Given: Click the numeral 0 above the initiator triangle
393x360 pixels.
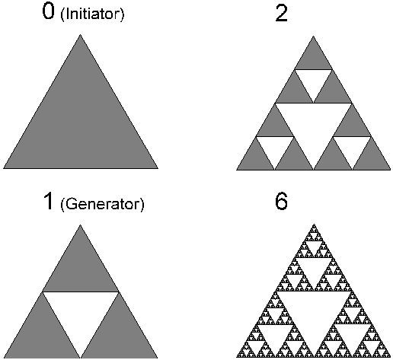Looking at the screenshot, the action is (48, 12).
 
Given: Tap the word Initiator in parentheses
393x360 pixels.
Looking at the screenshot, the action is (92, 14).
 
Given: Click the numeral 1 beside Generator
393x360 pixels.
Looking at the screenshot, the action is (49, 201).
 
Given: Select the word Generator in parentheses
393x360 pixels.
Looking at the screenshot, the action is (102, 204).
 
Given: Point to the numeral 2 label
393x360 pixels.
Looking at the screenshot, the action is (281, 13).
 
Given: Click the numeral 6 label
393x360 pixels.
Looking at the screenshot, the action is (281, 202).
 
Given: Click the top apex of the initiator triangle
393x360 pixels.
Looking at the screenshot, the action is (81, 35).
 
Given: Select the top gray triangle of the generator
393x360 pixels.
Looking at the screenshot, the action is (81, 269).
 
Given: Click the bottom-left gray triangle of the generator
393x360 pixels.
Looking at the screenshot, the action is (42, 335).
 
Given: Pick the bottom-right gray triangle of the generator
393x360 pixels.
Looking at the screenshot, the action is (119, 335).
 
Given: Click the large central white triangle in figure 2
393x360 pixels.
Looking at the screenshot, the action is (314, 125).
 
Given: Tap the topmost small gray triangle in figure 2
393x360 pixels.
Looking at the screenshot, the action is (313, 58).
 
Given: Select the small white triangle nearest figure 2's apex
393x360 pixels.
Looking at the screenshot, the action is (313, 81).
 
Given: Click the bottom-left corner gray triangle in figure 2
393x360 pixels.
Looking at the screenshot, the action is (256, 158).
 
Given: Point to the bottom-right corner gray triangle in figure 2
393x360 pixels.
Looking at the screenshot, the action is (372, 158).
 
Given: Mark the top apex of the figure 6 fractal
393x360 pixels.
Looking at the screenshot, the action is (314, 225).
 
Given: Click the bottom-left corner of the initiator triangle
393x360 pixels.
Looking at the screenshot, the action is (4, 168).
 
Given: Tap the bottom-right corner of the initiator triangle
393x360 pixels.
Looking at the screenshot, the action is (158, 168).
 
